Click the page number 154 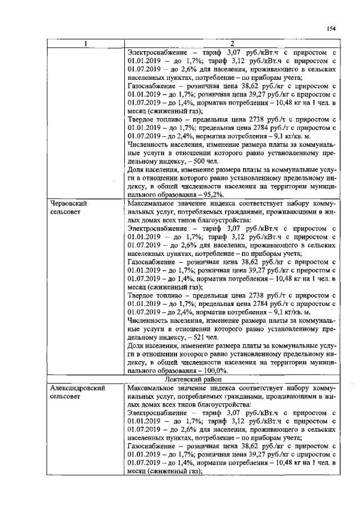[x=331, y=29]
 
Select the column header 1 [x=85, y=44]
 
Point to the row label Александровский [x=78, y=389]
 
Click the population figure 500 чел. [x=200, y=160]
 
